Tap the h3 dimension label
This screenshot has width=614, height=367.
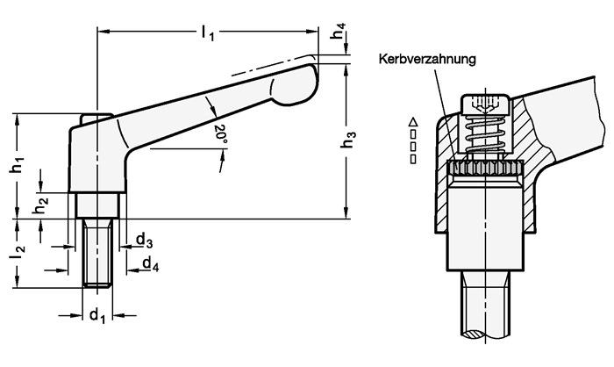(349, 138)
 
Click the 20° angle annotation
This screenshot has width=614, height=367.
(219, 134)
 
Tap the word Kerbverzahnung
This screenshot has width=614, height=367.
(427, 60)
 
